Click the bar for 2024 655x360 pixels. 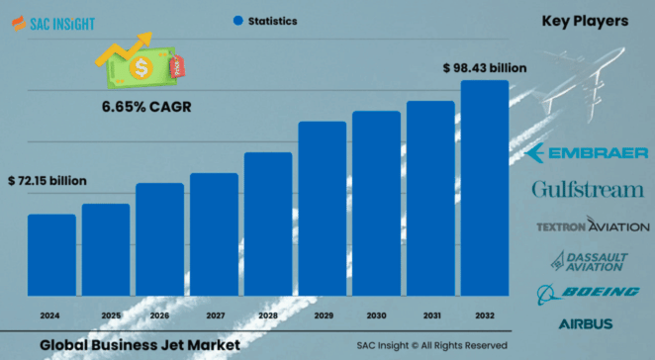pyautogui.click(x=51, y=254)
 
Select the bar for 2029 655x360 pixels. pyautogui.click(x=323, y=208)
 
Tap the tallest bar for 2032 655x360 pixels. pyautogui.click(x=485, y=187)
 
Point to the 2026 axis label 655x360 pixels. pyautogui.click(x=160, y=315)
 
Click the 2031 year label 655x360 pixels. pyautogui.click(x=430, y=315)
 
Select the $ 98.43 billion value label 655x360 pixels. pyautogui.click(x=484, y=68)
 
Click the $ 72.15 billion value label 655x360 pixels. pyautogui.click(x=47, y=182)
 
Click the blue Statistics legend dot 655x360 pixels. pyautogui.click(x=237, y=20)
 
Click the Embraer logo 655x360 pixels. pyautogui.click(x=588, y=152)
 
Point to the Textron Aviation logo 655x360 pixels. pyautogui.click(x=592, y=226)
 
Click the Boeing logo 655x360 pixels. pyautogui.click(x=588, y=293)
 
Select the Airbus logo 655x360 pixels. pyautogui.click(x=586, y=323)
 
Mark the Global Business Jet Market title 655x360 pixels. pyautogui.click(x=140, y=345)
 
